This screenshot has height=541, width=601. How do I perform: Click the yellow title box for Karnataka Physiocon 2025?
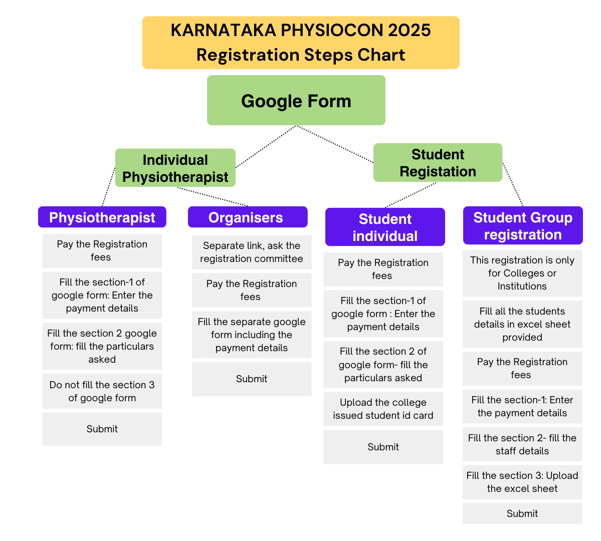(x=301, y=43)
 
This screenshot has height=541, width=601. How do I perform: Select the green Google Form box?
(x=296, y=100)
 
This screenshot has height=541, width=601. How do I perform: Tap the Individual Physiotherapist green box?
(x=175, y=168)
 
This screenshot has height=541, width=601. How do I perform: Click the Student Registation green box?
(x=438, y=162)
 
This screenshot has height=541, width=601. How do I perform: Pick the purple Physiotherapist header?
(x=102, y=217)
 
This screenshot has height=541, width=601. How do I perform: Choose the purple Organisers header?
(x=248, y=217)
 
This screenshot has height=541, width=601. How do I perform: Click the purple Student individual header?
(x=385, y=227)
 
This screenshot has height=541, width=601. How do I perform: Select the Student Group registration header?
(x=523, y=226)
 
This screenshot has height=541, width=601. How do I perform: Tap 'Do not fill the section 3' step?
(x=102, y=391)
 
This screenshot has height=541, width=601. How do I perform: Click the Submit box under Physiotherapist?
(x=102, y=429)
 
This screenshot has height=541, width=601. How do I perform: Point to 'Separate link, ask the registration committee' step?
(x=252, y=252)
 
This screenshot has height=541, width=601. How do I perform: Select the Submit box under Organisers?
(x=252, y=379)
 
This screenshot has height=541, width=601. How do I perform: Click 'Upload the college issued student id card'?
(x=383, y=409)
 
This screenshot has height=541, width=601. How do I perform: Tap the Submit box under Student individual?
(x=383, y=447)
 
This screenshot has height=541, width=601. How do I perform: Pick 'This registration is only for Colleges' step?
(x=522, y=273)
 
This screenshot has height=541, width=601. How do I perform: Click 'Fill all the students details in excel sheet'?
(x=522, y=324)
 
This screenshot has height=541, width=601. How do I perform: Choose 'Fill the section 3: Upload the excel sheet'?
(x=522, y=482)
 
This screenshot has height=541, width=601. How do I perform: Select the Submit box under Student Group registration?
(x=522, y=513)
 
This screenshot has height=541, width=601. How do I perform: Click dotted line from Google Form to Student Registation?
(x=335, y=144)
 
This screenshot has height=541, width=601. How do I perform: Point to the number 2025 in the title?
(x=410, y=30)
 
